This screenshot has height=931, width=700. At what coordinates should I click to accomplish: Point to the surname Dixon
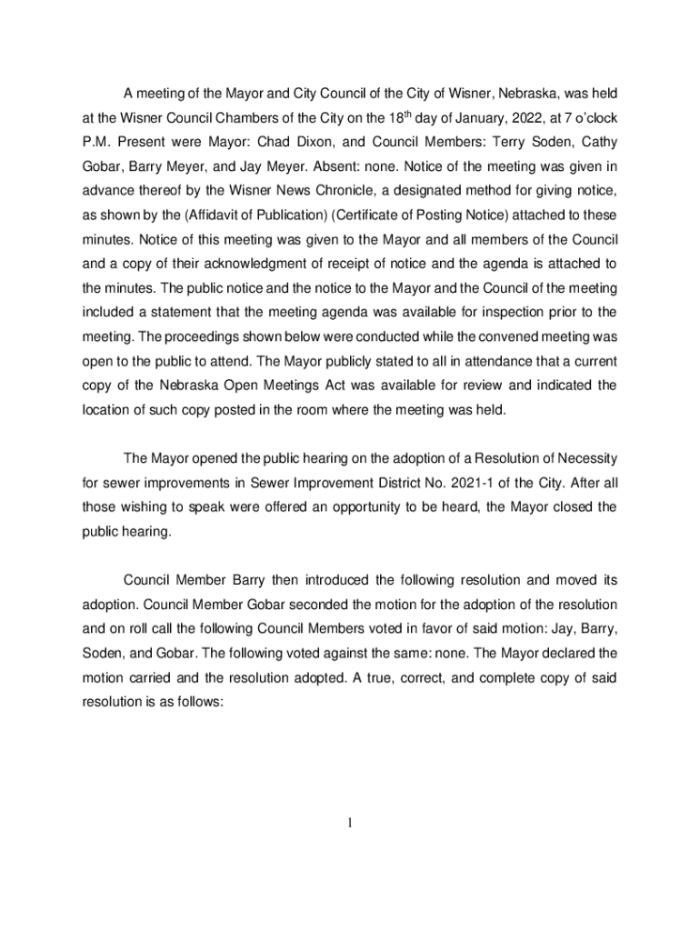(320, 143)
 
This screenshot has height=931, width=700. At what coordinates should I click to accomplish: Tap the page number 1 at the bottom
(349, 825)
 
